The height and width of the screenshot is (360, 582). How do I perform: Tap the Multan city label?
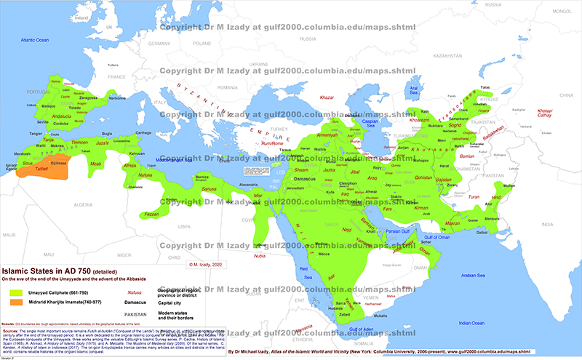[508, 184]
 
